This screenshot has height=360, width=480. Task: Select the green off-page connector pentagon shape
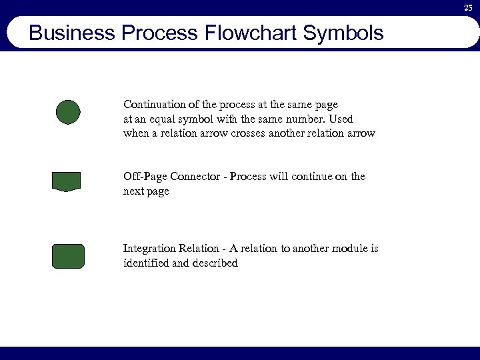point(66,181)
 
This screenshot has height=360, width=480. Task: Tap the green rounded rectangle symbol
point(68,256)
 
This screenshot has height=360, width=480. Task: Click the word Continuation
point(153,105)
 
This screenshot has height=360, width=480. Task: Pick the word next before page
point(133,191)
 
